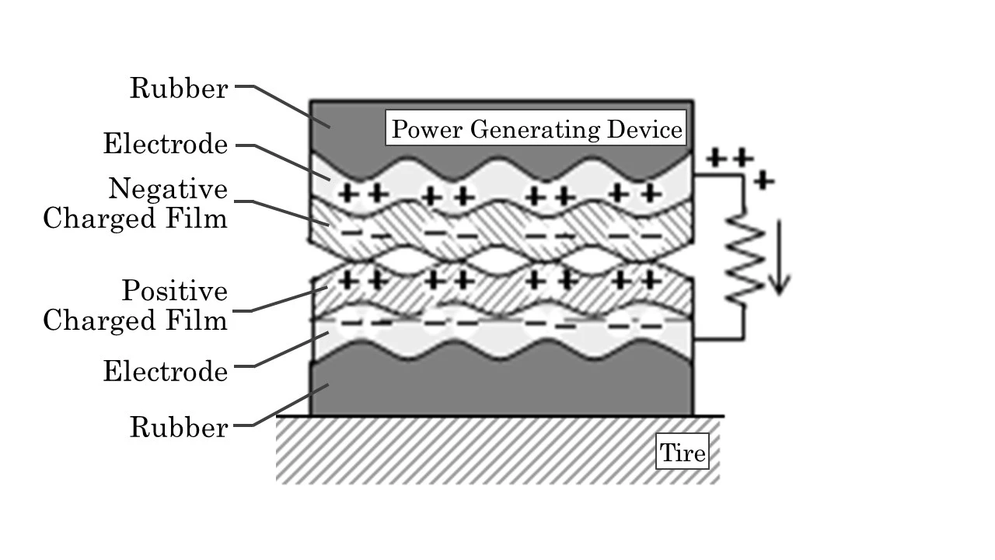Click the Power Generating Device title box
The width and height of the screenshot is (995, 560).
(536, 128)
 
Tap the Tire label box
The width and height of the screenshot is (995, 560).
(683, 452)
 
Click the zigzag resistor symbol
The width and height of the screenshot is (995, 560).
(744, 257)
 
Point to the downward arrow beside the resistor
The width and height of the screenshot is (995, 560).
(780, 260)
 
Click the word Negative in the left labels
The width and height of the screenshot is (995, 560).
(169, 189)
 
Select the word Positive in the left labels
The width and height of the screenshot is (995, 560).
(175, 291)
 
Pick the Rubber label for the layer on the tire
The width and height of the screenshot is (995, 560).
(179, 427)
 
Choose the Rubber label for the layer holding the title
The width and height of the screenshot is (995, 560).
(179, 89)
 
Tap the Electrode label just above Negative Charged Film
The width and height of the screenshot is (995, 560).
(166, 145)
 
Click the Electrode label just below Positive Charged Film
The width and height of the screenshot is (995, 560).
(166, 372)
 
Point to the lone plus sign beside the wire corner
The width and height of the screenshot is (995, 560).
(765, 181)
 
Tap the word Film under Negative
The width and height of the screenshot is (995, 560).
(199, 219)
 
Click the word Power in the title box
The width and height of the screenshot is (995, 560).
(425, 128)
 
